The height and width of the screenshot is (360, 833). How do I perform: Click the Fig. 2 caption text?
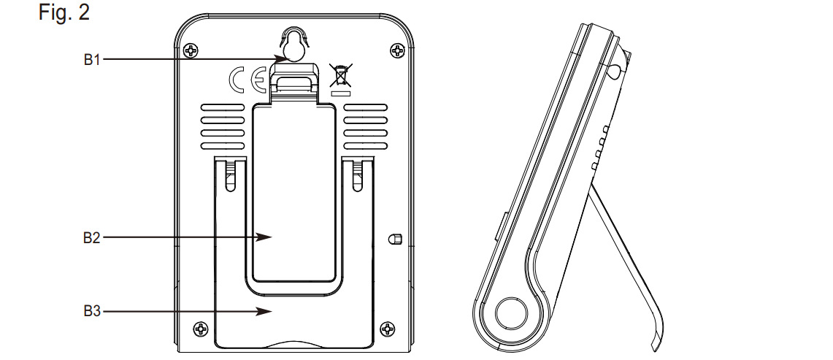tap(64, 12)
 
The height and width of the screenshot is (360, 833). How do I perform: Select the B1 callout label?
tap(92, 60)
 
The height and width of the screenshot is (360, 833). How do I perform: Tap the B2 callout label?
tap(91, 238)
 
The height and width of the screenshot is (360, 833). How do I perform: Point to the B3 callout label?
tap(92, 311)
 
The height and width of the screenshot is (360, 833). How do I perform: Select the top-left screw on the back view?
tap(191, 51)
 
